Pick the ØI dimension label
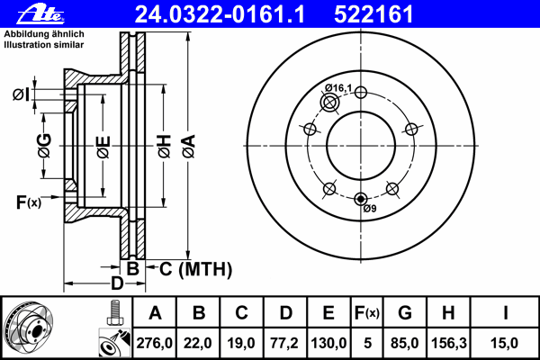23,94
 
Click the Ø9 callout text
368,209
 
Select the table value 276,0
155,342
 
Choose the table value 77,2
287,342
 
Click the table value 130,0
329,342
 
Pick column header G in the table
405,314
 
